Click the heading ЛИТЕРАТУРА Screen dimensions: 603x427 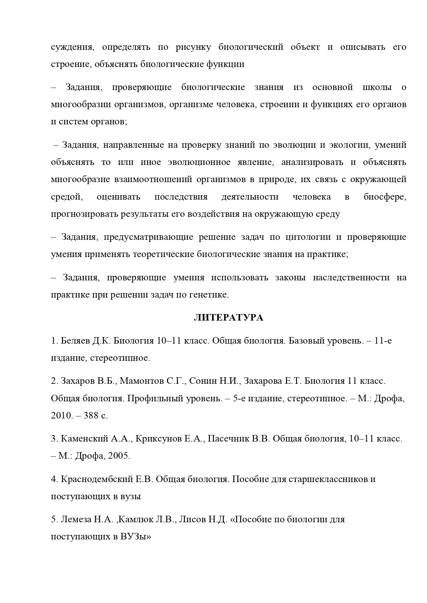228,318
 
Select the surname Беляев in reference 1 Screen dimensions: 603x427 76,341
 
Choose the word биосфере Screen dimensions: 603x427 385,197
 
